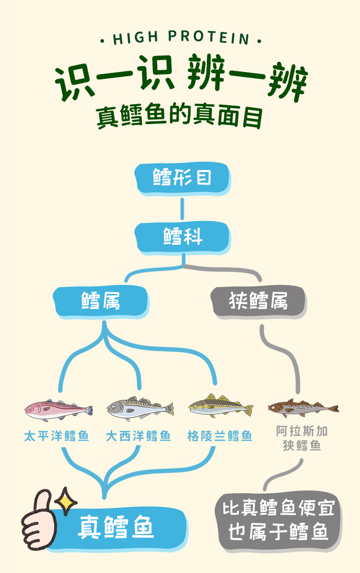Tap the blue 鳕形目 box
[182, 177]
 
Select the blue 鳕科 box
[182, 237]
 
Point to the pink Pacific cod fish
[58, 409]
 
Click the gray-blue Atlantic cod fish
[140, 407]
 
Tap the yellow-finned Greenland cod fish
[221, 405]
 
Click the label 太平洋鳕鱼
[57, 436]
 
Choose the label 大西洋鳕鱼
[139, 436]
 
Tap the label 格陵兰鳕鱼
[220, 436]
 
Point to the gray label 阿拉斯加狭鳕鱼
[302, 438]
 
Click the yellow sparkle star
[66, 500]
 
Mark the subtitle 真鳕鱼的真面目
[180, 116]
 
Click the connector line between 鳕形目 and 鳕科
[182, 208]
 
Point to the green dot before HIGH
[103, 41]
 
